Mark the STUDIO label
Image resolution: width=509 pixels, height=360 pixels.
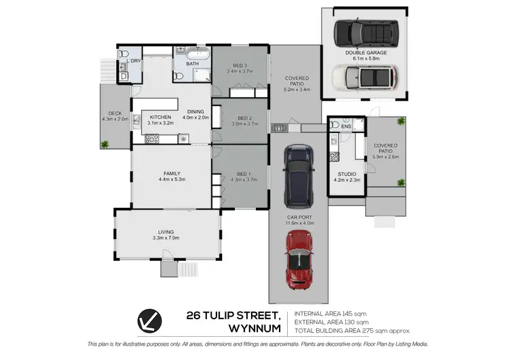pyautogui.click(x=347, y=174)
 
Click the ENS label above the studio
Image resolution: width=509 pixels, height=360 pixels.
pyautogui.click(x=346, y=126)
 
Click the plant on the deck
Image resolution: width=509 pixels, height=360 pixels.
pyautogui.click(x=105, y=143)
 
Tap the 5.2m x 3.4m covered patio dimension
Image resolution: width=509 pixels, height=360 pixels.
pyautogui.click(x=297, y=89)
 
